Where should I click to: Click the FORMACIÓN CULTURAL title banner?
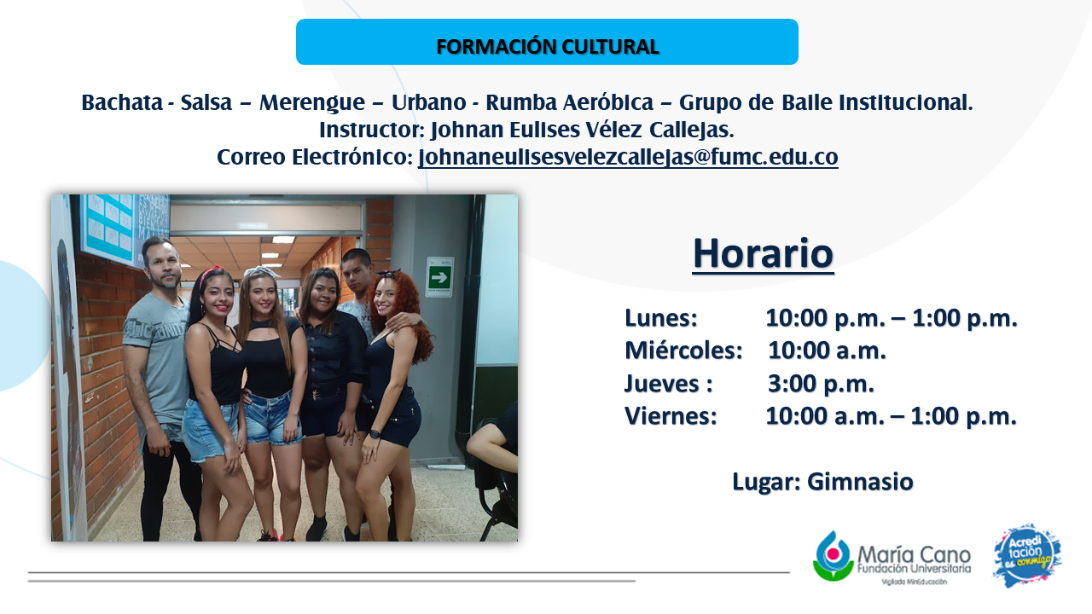click(547, 42)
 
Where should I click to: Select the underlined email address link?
click(628, 157)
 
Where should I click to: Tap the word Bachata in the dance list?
click(122, 102)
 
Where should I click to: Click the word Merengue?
click(312, 103)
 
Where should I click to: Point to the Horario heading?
click(763, 253)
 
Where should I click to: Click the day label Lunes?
click(661, 318)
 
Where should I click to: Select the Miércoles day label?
click(683, 350)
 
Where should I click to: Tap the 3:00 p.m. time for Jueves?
click(821, 384)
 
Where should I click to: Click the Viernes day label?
click(671, 416)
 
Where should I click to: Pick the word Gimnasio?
click(860, 482)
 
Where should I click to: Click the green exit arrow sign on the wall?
click(439, 277)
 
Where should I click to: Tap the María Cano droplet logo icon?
click(834, 555)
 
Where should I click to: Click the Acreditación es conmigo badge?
click(1027, 555)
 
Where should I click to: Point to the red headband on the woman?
click(211, 274)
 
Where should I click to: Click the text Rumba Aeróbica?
click(569, 102)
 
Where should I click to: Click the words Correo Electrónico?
click(315, 157)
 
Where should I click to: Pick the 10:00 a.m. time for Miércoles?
click(827, 350)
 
